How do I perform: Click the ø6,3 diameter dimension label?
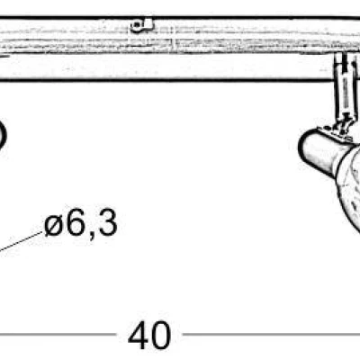[81, 223]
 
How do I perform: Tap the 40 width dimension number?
[149, 335]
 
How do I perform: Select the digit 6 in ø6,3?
[75, 222]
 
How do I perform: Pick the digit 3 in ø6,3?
[108, 222]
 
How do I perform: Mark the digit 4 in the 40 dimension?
[138, 335]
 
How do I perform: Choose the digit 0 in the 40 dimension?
[161, 335]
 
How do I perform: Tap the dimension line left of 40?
[58, 334]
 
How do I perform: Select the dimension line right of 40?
[272, 334]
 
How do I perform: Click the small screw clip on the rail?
[142, 25]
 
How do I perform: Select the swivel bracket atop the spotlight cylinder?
[339, 131]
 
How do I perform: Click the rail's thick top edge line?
[180, 18]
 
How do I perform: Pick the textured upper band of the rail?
[180, 37]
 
